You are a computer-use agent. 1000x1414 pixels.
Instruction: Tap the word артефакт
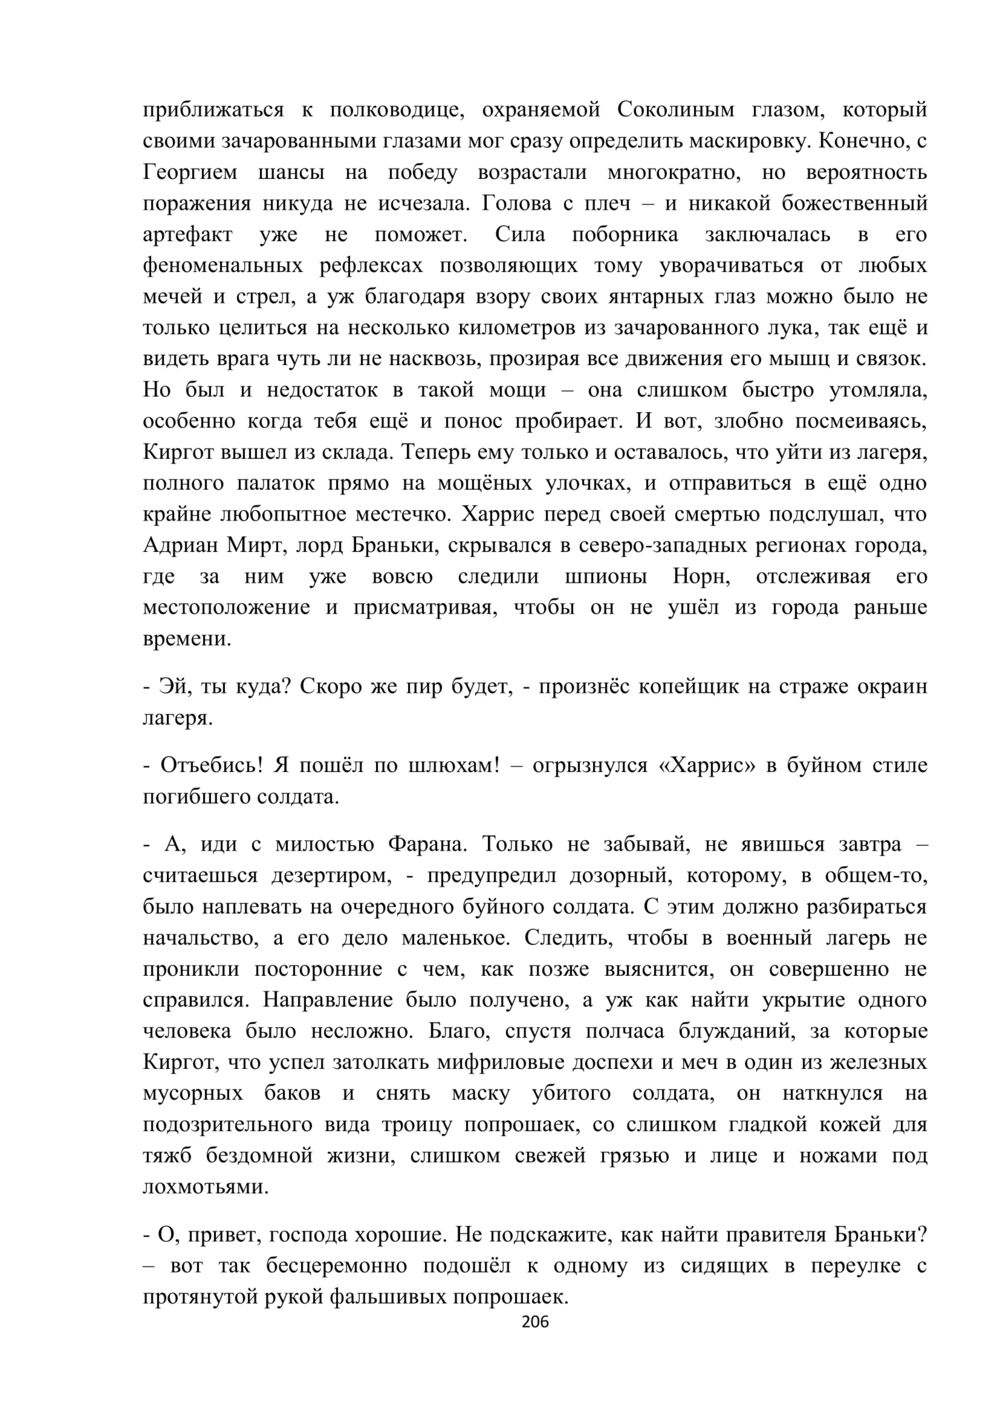tap(189, 235)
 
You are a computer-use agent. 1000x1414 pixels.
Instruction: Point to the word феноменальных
tap(225, 266)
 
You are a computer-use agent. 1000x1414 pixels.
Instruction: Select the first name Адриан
tap(181, 546)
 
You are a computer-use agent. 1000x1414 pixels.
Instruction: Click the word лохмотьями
tap(192, 1187)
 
